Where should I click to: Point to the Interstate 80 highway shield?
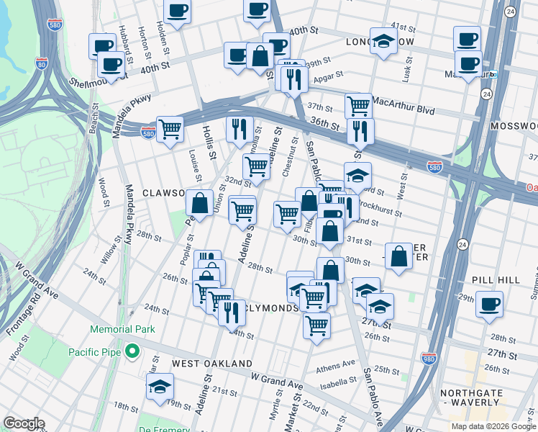pyautogui.click(x=42, y=63)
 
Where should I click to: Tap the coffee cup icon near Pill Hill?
pyautogui.click(x=489, y=303)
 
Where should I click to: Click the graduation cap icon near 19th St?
pyautogui.click(x=160, y=386)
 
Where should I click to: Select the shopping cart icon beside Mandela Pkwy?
pyautogui.click(x=170, y=130)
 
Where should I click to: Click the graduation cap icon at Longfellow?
pyautogui.click(x=384, y=40)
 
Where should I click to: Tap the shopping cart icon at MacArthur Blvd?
pyautogui.click(x=357, y=106)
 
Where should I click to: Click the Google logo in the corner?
pyautogui.click(x=24, y=423)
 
